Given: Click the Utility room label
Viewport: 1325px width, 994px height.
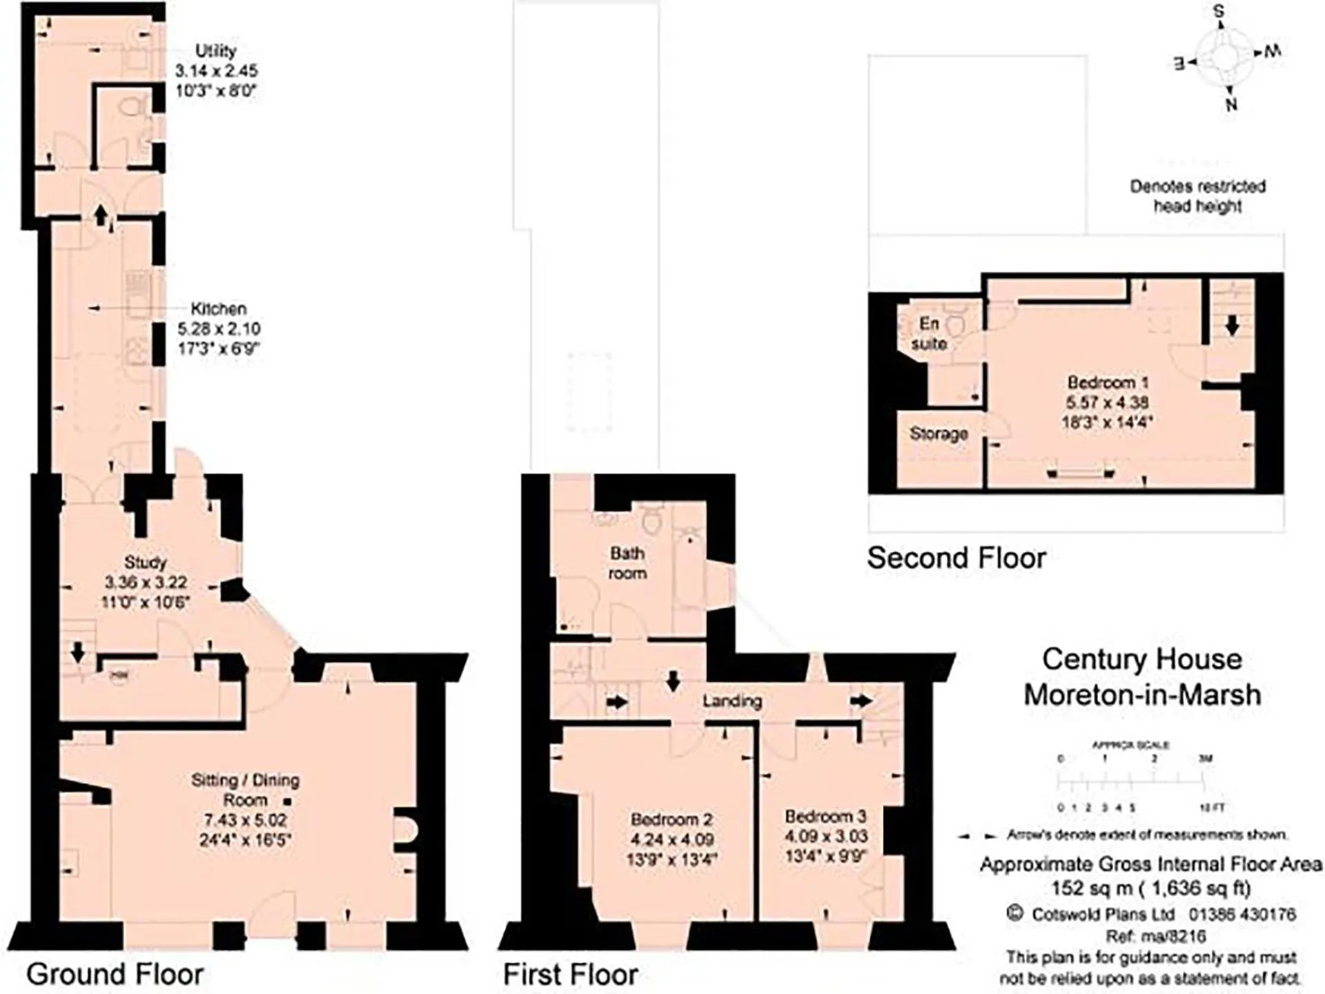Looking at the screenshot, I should pyautogui.click(x=215, y=51).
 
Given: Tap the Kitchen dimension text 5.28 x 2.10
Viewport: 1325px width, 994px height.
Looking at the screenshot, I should pyautogui.click(x=218, y=329).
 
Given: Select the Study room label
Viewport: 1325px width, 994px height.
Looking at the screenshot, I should pyautogui.click(x=145, y=562).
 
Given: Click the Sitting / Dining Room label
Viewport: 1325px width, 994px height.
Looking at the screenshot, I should pyautogui.click(x=245, y=790).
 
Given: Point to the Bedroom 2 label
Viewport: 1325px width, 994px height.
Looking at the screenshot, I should pyautogui.click(x=671, y=819).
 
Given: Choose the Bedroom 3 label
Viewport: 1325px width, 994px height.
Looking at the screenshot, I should pyautogui.click(x=825, y=817).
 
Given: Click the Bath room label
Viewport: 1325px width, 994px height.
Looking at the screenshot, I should pyautogui.click(x=627, y=563).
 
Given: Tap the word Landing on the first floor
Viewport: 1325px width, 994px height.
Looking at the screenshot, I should pyautogui.click(x=732, y=701).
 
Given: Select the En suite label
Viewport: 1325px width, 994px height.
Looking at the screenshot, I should pyautogui.click(x=929, y=333).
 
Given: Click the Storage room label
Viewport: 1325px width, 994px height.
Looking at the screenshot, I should pyautogui.click(x=939, y=433).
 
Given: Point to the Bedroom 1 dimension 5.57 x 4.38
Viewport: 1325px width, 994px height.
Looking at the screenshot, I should pyautogui.click(x=1107, y=402).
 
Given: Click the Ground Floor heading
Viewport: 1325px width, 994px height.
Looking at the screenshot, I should pyautogui.click(x=115, y=975).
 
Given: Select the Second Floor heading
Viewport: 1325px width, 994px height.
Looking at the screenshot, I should pyautogui.click(x=956, y=558).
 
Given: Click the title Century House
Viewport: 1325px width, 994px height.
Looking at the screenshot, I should pyautogui.click(x=1141, y=659).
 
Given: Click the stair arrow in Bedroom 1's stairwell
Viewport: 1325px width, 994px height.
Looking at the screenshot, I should pyautogui.click(x=1232, y=325).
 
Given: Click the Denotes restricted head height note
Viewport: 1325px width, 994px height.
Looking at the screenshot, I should pyautogui.click(x=1197, y=196).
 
